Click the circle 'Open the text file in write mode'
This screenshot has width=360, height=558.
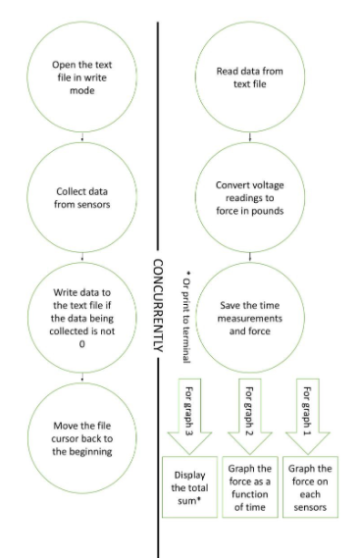[x=81, y=78]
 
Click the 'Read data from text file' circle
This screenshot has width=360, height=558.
[x=250, y=78]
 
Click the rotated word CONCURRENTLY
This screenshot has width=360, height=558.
[x=157, y=304]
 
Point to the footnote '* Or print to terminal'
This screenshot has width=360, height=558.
[x=185, y=305]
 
